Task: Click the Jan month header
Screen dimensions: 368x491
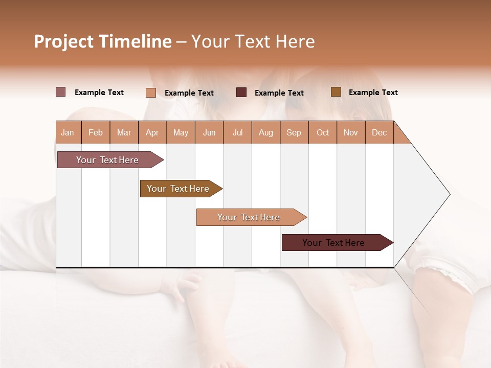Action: pyautogui.click(x=68, y=132)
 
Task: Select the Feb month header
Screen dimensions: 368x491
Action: pyautogui.click(x=96, y=132)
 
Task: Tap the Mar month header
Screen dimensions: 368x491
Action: pyautogui.click(x=124, y=132)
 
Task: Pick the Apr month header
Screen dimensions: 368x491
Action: pyautogui.click(x=152, y=132)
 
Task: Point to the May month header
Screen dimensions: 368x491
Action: pyautogui.click(x=181, y=132)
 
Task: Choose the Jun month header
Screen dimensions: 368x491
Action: pyautogui.click(x=209, y=132)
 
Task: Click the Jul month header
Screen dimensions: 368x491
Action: pyautogui.click(x=237, y=132)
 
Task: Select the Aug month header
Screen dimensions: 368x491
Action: pyautogui.click(x=266, y=132)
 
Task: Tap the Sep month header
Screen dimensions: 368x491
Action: pyautogui.click(x=294, y=132)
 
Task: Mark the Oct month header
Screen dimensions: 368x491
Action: pyautogui.click(x=323, y=132)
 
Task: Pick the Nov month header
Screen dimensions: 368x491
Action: pyautogui.click(x=351, y=132)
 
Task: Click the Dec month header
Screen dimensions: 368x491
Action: pyautogui.click(x=380, y=132)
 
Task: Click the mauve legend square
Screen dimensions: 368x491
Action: pyautogui.click(x=61, y=92)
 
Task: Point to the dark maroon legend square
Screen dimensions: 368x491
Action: pyautogui.click(x=241, y=92)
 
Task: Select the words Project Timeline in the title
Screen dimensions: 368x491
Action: pyautogui.click(x=103, y=41)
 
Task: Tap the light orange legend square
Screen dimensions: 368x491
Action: pyautogui.click(x=151, y=93)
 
